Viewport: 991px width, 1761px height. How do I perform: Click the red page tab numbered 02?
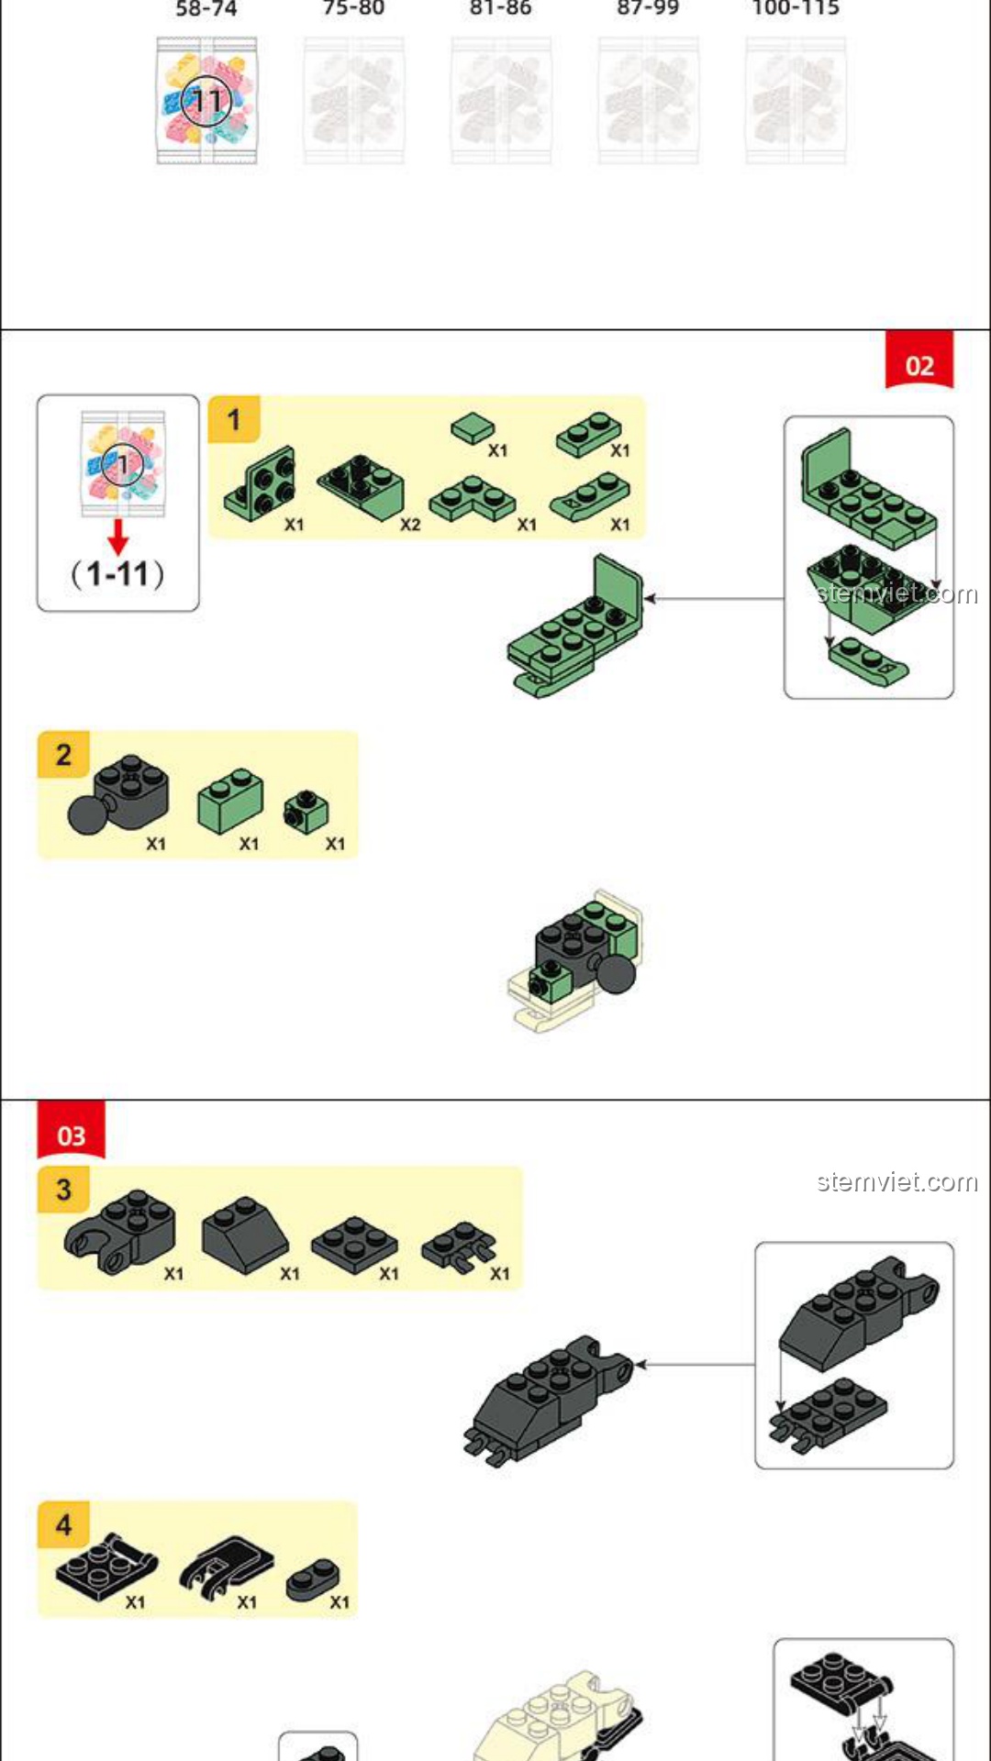[x=919, y=364]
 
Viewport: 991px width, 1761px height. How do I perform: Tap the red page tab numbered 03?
[x=71, y=1134]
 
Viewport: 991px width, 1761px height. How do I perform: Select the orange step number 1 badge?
[x=233, y=419]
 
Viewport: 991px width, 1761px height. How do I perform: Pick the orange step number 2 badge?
[x=63, y=755]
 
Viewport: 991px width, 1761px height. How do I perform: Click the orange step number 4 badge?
[x=63, y=1524]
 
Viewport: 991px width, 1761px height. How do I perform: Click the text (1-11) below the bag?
[x=117, y=575]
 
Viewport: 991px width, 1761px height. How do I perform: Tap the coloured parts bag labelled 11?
[x=206, y=101]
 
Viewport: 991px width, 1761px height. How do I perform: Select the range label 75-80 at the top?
[x=353, y=9]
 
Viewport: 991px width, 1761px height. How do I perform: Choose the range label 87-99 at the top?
[x=648, y=9]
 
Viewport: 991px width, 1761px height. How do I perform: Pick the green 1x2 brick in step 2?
[x=229, y=800]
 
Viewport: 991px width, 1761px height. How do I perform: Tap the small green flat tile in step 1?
[x=473, y=427]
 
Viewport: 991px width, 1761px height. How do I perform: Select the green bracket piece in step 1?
[x=262, y=484]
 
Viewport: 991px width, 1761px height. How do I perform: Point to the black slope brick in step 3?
[x=244, y=1235]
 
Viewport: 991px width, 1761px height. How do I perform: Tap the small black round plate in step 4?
[x=312, y=1579]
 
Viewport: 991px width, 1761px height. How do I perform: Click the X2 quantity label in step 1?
[x=409, y=525]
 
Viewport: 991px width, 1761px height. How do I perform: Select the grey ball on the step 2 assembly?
[x=616, y=974]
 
